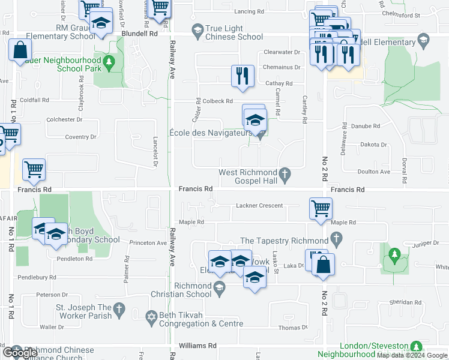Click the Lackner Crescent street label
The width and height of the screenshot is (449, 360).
pos(259,205)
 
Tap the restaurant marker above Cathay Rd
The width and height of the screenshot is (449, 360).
pos(241,76)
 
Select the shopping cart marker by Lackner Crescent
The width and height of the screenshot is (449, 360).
pos(321,208)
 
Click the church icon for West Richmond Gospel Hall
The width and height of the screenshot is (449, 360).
pos(286,175)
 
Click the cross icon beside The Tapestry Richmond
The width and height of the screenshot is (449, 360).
pos(337,240)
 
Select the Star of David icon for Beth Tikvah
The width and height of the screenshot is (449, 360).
pos(152,315)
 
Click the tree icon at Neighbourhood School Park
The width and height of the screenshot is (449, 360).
pos(109,61)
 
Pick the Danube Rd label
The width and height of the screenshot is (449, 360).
pos(367,126)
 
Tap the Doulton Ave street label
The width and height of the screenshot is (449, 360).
pos(373,172)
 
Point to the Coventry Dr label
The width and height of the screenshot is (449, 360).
pos(80,137)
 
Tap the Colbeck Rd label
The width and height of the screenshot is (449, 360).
pos(217,101)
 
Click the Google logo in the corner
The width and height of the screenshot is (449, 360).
pos(21,352)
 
